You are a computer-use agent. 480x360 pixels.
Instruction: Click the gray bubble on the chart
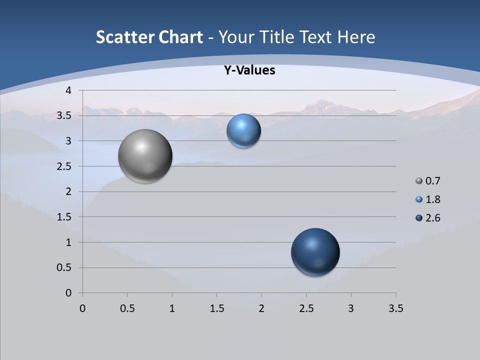[145, 156]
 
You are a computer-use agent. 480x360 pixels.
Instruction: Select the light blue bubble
[243, 131]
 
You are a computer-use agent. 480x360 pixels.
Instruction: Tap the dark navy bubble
[315, 252]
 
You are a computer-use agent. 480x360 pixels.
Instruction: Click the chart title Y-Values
[249, 70]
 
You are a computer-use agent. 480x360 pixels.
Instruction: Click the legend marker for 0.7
[419, 181]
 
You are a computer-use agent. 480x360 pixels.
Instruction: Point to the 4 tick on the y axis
[69, 90]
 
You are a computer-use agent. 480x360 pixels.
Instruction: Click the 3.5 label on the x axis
[395, 308]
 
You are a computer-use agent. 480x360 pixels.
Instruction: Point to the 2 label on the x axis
[261, 308]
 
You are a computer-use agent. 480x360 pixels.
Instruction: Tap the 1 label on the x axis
[172, 308]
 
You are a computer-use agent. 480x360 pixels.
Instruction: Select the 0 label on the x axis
[82, 308]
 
